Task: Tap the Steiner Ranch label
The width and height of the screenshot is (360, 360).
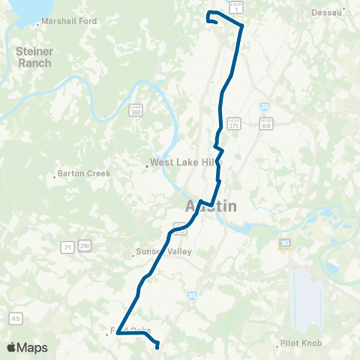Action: [34, 57]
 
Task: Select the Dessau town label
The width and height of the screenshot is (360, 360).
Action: [329, 13]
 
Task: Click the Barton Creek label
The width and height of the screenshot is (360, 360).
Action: [83, 174]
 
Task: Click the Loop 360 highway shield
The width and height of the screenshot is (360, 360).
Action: [135, 109]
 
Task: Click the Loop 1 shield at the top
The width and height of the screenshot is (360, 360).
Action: [236, 6]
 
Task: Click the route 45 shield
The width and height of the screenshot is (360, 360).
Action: [16, 318]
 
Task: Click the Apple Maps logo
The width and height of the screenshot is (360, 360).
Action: [27, 348]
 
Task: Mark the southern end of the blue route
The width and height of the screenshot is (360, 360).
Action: [157, 346]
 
